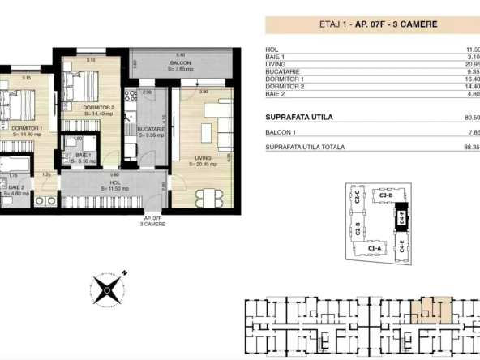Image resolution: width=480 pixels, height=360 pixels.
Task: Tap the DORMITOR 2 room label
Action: (99, 107)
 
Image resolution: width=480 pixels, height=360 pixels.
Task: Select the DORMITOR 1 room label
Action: (28, 128)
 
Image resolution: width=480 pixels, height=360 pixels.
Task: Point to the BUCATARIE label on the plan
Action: (151, 130)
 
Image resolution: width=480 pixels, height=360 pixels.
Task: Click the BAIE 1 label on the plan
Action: (84, 155)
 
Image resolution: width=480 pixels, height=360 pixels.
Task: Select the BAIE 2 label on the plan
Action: (18, 189)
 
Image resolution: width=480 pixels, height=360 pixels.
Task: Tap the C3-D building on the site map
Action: (384, 195)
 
